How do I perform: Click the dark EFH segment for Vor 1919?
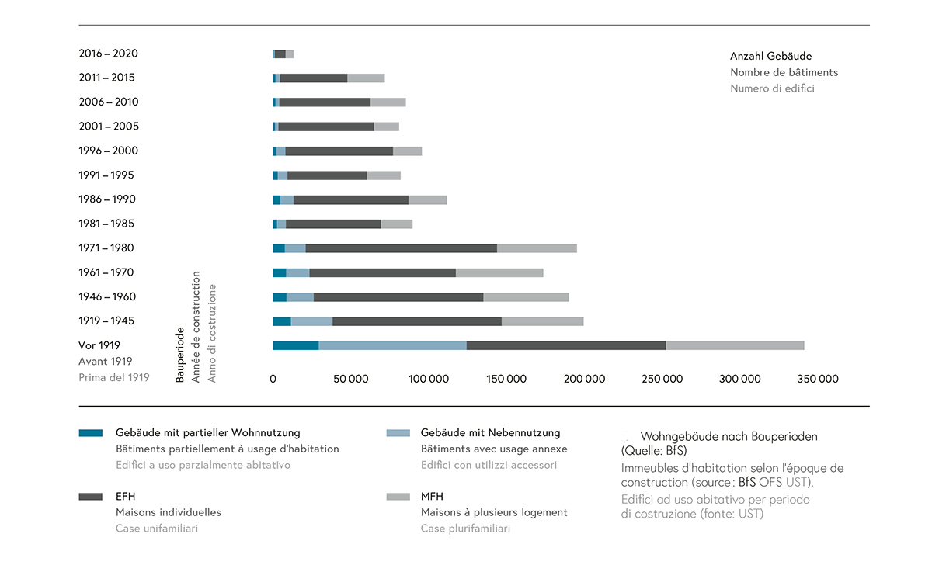click(x=566, y=345)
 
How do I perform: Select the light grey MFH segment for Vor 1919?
click(x=735, y=345)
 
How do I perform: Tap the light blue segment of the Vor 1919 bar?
click(x=392, y=345)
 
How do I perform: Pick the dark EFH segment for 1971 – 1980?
click(x=402, y=248)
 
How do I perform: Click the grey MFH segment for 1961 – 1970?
click(x=499, y=272)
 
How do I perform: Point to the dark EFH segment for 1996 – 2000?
click(x=339, y=151)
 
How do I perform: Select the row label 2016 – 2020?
click(x=109, y=54)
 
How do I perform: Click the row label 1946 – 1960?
click(x=107, y=296)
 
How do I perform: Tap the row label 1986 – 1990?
click(x=107, y=199)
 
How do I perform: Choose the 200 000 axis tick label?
click(x=584, y=379)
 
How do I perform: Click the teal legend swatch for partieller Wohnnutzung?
click(x=91, y=433)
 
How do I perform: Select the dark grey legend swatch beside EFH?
click(x=91, y=497)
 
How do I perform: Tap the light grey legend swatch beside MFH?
click(x=398, y=497)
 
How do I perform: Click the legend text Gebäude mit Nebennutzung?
click(x=490, y=433)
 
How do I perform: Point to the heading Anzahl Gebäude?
click(x=770, y=57)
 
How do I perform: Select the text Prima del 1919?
click(x=113, y=377)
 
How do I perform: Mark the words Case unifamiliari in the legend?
click(x=156, y=529)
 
